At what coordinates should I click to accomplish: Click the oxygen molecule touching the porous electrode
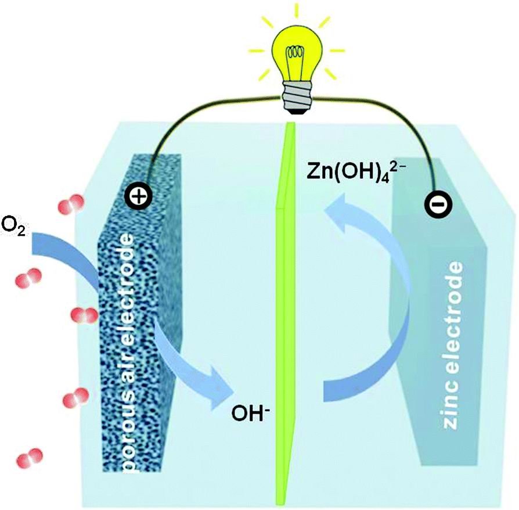coord(84,315)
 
